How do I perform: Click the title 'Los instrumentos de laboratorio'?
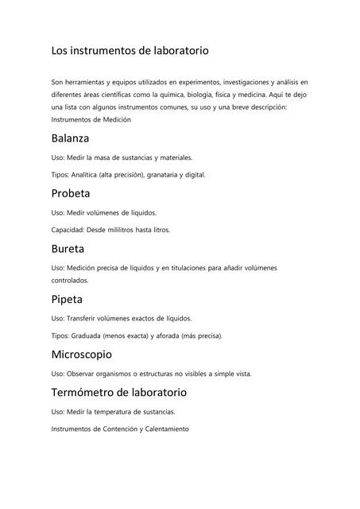click(x=130, y=50)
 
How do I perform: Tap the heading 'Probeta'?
click(x=71, y=193)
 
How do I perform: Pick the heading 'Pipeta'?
click(x=68, y=299)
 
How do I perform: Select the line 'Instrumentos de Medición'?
click(x=91, y=119)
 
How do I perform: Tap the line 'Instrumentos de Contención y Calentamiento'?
click(x=120, y=429)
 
